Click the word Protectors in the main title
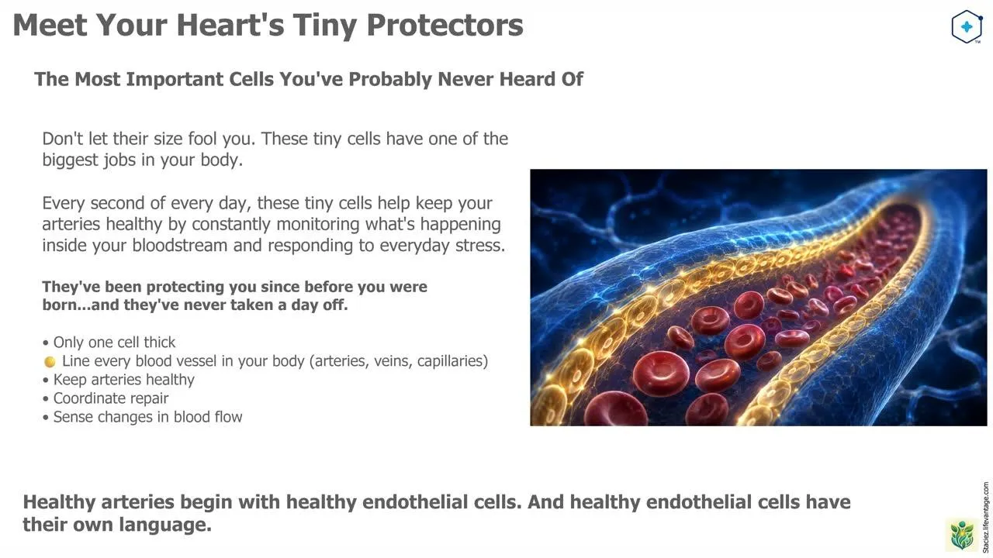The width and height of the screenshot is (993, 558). pos(445,25)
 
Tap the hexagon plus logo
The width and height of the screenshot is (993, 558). pos(967,27)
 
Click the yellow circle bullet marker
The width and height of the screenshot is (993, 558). pos(50,362)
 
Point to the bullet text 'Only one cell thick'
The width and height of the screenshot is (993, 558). pos(114,343)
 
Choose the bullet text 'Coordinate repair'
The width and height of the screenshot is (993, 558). pos(111,398)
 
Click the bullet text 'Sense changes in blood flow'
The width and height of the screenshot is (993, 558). pos(147,417)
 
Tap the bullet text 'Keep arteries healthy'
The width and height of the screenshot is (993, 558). pos(123,380)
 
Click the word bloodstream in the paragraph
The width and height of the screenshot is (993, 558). pos(179,245)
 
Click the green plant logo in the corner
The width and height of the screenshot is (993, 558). pos(962,535)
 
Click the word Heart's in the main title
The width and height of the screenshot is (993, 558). pos(231,25)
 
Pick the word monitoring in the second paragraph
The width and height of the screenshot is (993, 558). pos(319,224)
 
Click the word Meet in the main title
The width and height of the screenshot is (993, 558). pos(50,25)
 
